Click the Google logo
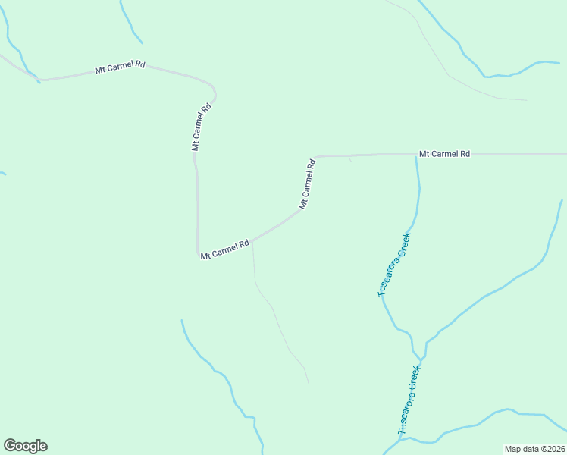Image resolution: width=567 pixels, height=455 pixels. (25, 446)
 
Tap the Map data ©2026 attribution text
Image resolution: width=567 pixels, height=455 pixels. (534, 449)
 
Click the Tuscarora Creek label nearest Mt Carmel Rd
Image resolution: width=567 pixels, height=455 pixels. (394, 264)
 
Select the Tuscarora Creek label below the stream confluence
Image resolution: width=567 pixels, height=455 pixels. (409, 400)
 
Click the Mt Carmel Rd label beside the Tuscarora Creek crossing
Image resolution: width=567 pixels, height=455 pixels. (444, 154)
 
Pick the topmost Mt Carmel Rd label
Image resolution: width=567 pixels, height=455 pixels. (120, 67)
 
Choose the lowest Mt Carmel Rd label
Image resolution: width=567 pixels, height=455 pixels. (225, 250)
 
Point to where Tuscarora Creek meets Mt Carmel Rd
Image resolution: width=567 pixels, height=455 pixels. (416, 155)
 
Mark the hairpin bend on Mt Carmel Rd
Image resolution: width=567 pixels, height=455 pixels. (215, 94)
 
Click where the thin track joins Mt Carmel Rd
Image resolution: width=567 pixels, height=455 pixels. (252, 240)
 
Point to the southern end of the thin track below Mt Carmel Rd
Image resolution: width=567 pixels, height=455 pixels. (309, 382)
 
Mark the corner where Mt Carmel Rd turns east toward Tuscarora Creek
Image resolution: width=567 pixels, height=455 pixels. (315, 157)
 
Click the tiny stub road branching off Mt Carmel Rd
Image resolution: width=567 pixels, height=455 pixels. (349, 158)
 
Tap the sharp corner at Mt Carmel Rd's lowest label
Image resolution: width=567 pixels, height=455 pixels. (199, 253)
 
